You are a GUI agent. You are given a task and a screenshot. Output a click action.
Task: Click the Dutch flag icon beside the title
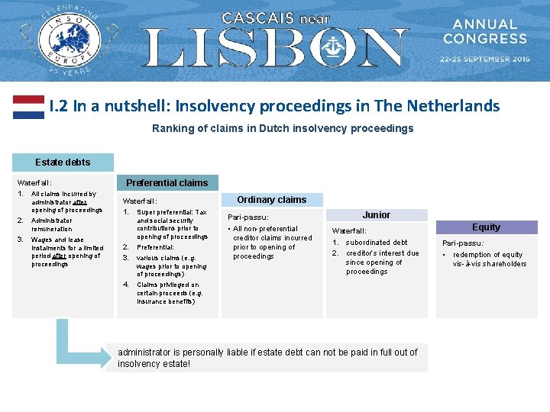pyautogui.click(x=28, y=107)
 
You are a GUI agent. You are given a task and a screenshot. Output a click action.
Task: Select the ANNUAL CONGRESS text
pyautogui.click(x=485, y=31)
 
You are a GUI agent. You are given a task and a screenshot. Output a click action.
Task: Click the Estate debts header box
pyautogui.click(x=63, y=163)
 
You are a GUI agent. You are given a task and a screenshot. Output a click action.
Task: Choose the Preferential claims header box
pyautogui.click(x=167, y=183)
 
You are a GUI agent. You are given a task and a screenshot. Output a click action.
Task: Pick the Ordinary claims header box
pyautogui.click(x=271, y=200)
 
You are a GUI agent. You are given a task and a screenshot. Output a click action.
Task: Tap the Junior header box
pyautogui.click(x=376, y=215)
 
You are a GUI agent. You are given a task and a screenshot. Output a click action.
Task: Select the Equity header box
pyautogui.click(x=486, y=227)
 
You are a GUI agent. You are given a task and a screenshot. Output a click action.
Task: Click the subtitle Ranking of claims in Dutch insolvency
pyautogui.click(x=283, y=128)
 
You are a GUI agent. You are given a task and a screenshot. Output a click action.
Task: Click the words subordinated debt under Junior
pyautogui.click(x=377, y=243)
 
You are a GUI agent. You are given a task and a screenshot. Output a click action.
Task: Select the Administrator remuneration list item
pyautogui.click(x=52, y=224)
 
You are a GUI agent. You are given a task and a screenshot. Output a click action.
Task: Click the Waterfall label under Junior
pyautogui.click(x=349, y=230)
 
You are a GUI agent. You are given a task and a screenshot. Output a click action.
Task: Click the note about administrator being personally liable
pyautogui.click(x=267, y=358)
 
